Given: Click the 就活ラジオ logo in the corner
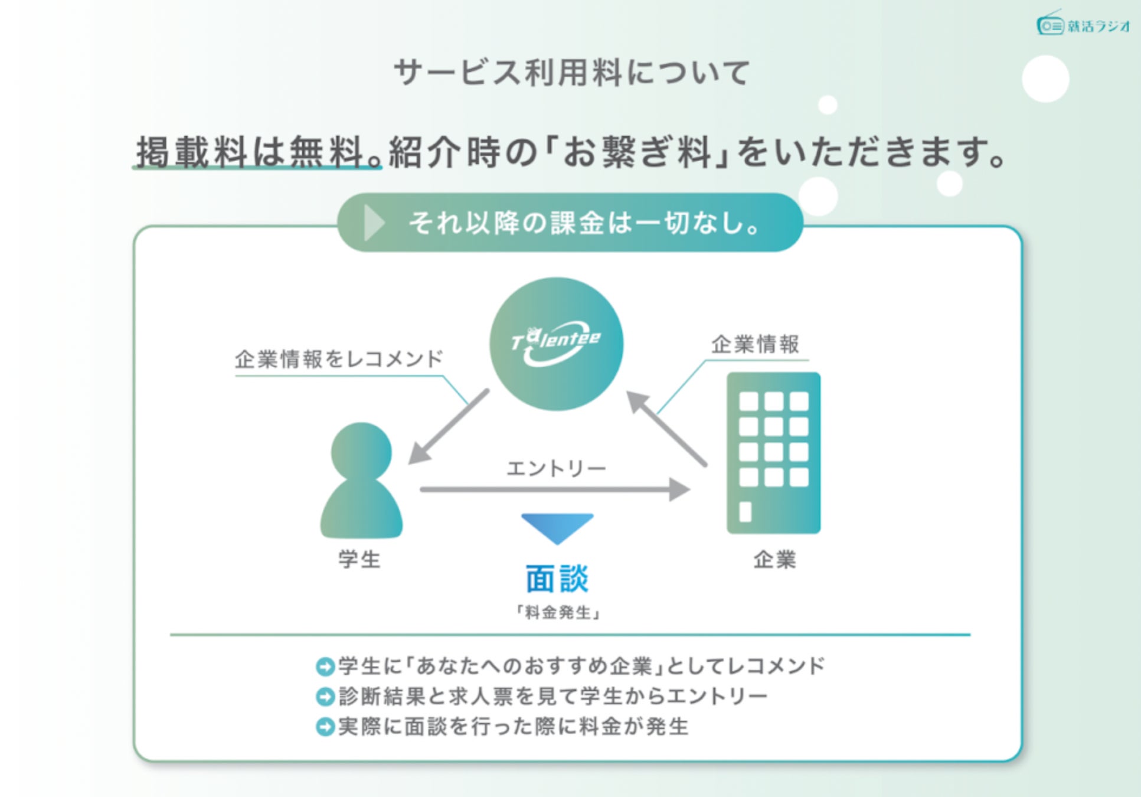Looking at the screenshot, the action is click(x=1083, y=25).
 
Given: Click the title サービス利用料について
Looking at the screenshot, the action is click(x=571, y=73).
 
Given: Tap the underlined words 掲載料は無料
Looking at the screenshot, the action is click(x=257, y=152).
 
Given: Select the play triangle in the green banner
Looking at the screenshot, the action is click(x=374, y=223).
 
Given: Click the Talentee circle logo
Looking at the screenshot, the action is click(x=556, y=344).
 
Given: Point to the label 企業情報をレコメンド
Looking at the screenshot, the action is click(x=339, y=359).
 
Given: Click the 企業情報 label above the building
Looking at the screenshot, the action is click(x=755, y=344).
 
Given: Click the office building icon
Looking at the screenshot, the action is click(x=773, y=453).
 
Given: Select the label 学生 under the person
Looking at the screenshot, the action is click(x=359, y=558).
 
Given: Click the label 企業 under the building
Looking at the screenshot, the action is click(x=774, y=558).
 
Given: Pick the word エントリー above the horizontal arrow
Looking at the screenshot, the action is click(x=556, y=469).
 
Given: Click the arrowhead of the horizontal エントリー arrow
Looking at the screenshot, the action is click(x=679, y=489).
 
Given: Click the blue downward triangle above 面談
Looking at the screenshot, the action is click(x=557, y=527).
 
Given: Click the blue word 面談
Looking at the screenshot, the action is click(x=557, y=579).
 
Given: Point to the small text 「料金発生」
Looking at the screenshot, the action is click(x=558, y=612).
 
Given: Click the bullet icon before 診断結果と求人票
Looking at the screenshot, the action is click(x=325, y=697).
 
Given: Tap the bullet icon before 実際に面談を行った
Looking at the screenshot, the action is click(x=325, y=727).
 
